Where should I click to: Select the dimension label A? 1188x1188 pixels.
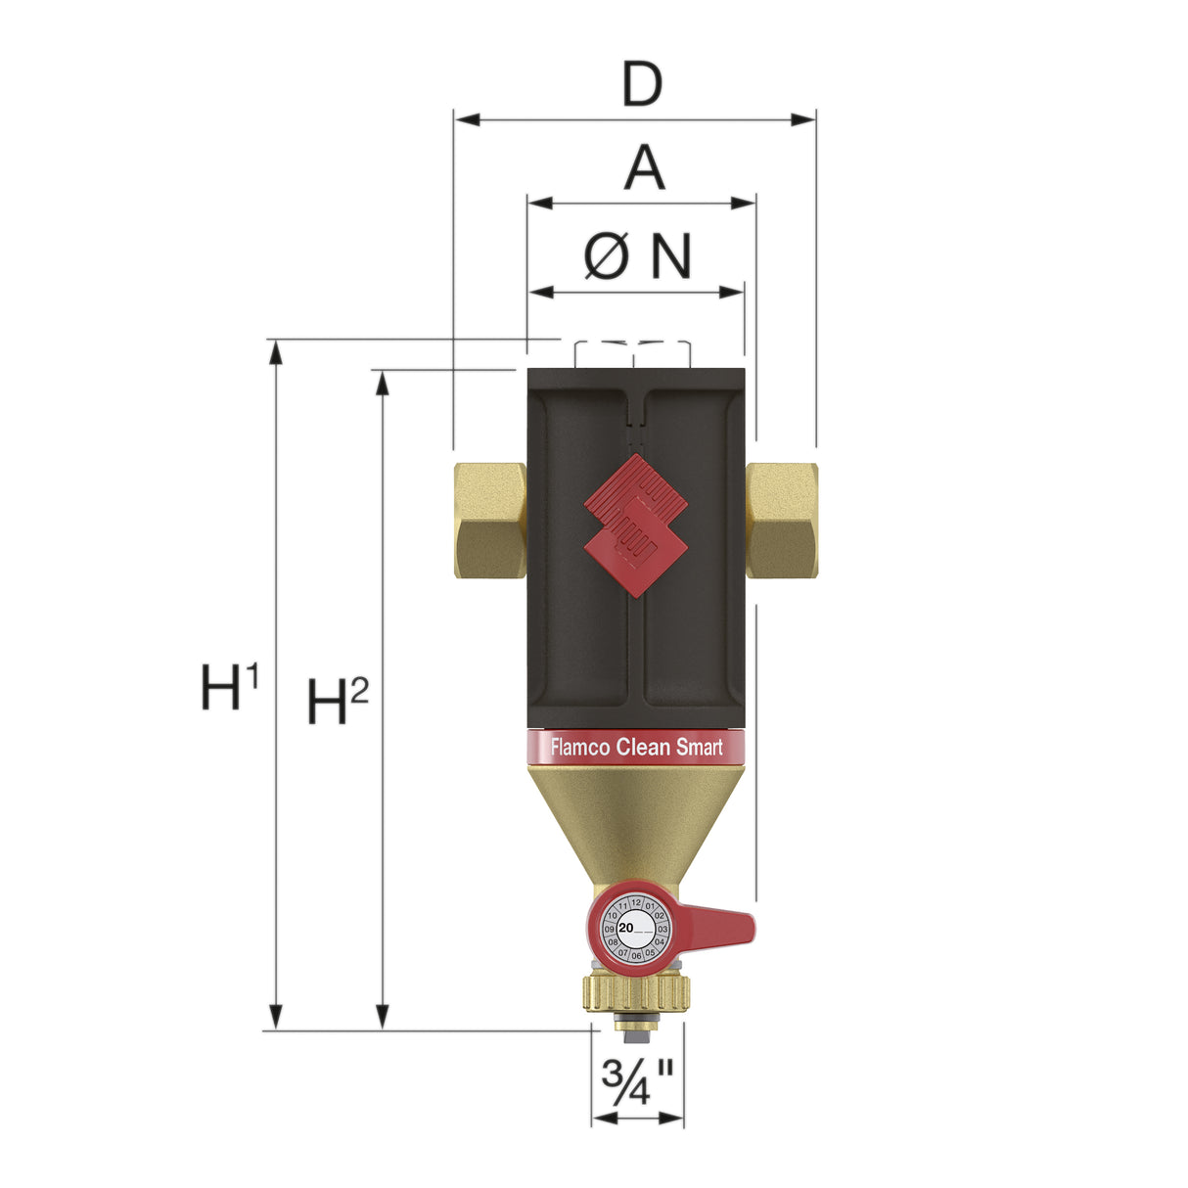coord(644,168)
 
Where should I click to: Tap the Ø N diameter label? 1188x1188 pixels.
coord(638,256)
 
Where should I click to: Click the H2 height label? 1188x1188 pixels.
coord(337,701)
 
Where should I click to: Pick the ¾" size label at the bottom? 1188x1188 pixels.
coord(637,1081)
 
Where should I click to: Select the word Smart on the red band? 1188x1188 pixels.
coord(699,748)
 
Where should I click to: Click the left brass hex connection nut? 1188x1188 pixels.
coord(489,520)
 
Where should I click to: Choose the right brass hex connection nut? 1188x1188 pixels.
coord(781,520)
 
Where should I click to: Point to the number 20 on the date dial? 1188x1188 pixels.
coord(626,927)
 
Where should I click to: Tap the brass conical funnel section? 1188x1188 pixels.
coord(636,817)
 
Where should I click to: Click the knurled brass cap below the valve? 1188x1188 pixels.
coord(636,992)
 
